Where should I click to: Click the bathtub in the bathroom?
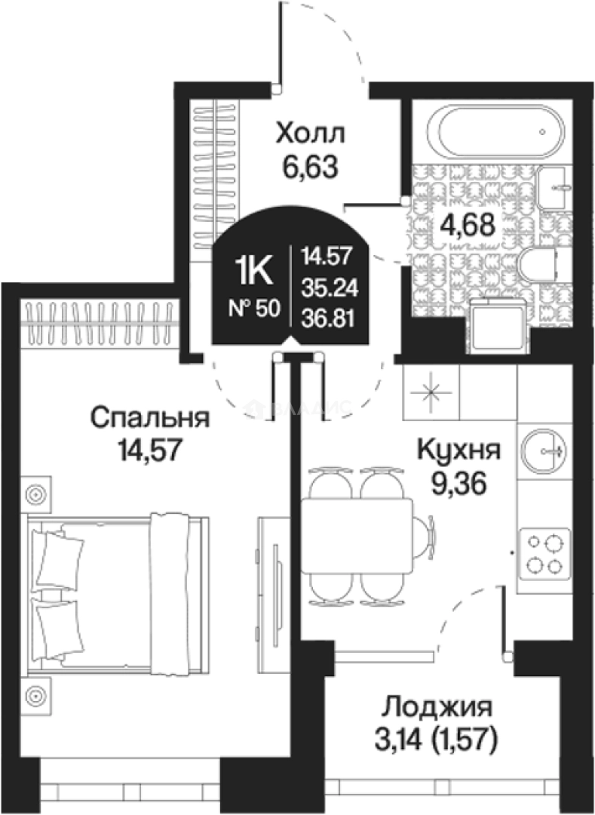[488, 131]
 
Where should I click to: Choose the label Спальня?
[149, 417]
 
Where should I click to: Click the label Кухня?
[459, 451]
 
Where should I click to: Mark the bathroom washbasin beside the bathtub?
[556, 185]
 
